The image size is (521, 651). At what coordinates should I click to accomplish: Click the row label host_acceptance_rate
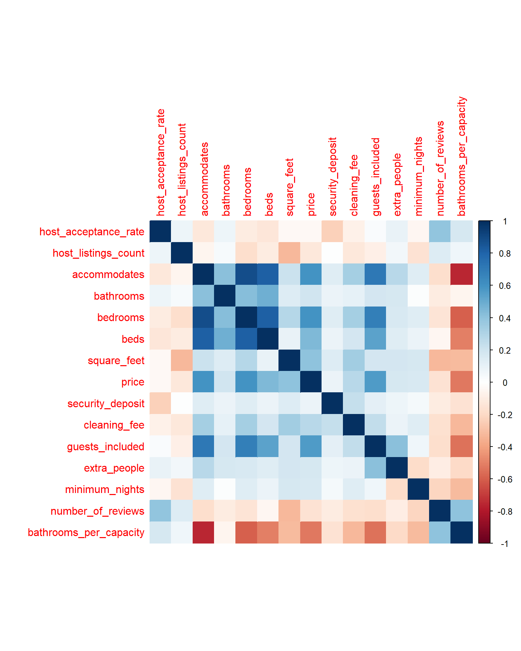tap(92, 232)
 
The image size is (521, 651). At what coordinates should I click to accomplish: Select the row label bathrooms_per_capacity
tap(86, 532)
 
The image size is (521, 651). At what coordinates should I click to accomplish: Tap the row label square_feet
tap(116, 360)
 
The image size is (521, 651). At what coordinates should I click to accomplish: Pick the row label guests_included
tap(105, 447)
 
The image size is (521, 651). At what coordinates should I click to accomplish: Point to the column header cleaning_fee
tap(354, 185)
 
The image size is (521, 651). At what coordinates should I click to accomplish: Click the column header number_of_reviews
tap(440, 168)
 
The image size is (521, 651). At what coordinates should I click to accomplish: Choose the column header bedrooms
tap(247, 192)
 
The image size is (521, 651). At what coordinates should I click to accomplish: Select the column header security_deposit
tap(333, 177)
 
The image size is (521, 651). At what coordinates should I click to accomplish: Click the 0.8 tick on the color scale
tap(505, 253)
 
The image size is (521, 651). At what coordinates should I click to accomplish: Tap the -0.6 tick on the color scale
tap(504, 479)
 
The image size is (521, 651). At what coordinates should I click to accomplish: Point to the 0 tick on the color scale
tap(505, 382)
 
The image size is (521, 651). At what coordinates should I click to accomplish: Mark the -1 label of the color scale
tap(504, 544)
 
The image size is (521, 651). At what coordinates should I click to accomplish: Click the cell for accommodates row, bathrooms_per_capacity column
tap(462, 274)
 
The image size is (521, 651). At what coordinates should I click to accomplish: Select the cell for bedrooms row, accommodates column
tap(204, 317)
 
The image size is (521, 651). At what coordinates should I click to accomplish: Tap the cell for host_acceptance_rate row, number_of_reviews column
tap(440, 232)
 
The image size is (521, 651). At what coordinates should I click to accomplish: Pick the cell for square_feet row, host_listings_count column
tap(182, 360)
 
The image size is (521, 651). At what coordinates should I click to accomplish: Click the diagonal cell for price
tap(311, 382)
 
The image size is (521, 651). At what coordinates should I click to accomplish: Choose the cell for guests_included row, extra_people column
tap(397, 447)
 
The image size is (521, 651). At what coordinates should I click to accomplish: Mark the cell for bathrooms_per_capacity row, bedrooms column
tap(247, 532)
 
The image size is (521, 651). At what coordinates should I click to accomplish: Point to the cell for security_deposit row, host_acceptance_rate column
tap(160, 403)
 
